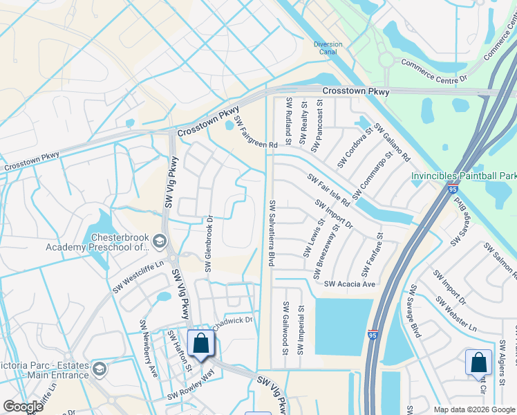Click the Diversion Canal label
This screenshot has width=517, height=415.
coord(328,48)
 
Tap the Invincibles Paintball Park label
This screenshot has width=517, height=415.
coord(463,176)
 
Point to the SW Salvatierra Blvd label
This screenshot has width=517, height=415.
coord(272,234)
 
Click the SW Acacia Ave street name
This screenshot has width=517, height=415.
coord(349,284)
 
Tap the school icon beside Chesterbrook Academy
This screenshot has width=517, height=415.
coord(160,241)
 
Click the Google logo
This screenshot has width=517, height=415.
coord(23,407)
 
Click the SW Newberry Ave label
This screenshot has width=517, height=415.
coord(149,338)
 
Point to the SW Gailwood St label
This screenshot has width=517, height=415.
coord(285,328)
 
